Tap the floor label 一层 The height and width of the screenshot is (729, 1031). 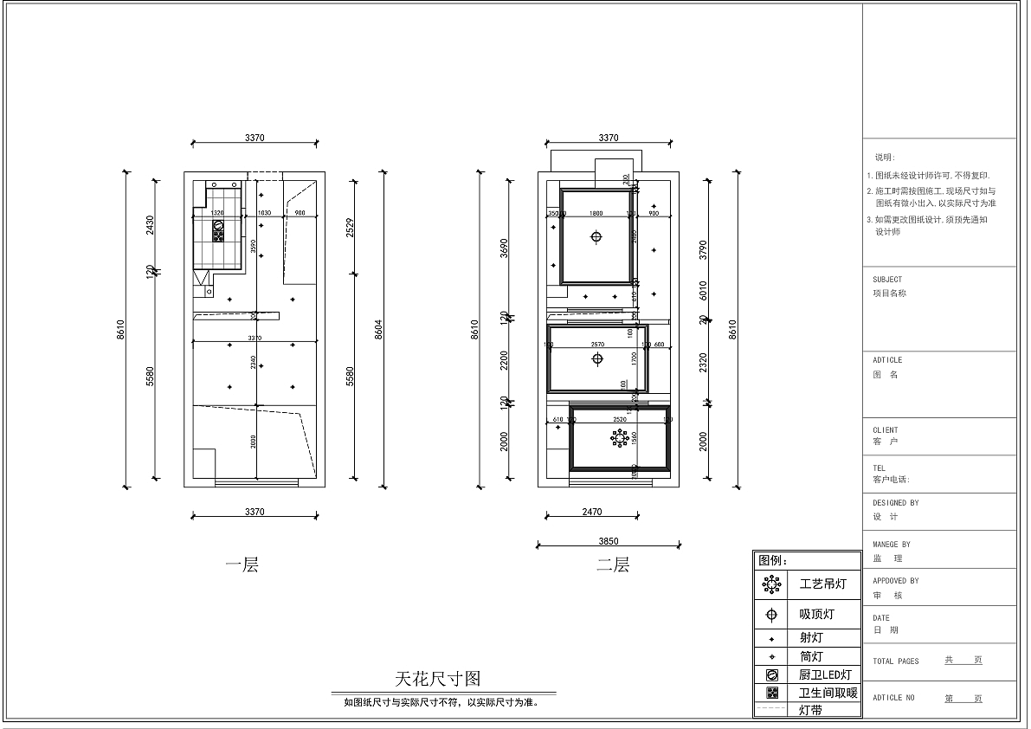(x=242, y=566)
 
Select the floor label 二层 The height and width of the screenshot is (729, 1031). (x=612, y=565)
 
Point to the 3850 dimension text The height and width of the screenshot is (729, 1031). (x=609, y=540)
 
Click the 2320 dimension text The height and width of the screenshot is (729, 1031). (x=703, y=363)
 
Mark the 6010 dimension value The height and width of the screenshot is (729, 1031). (x=703, y=290)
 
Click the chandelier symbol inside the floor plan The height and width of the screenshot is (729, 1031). (x=619, y=439)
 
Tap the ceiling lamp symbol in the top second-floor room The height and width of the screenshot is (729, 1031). (x=596, y=237)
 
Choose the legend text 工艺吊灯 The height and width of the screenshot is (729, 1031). (x=822, y=584)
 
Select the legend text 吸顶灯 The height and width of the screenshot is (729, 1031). (x=816, y=615)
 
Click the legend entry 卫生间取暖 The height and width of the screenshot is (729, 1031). (x=828, y=693)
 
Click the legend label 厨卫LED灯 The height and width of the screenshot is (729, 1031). (x=825, y=674)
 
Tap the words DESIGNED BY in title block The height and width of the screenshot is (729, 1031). (x=896, y=503)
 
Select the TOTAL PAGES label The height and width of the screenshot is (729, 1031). (x=896, y=661)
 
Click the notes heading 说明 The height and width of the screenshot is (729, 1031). (x=885, y=158)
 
